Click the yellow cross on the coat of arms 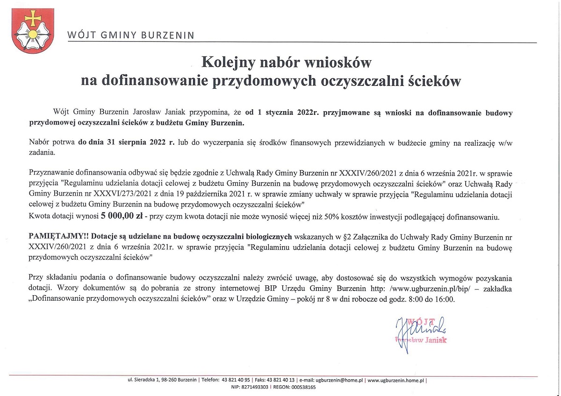[x=32, y=18]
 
